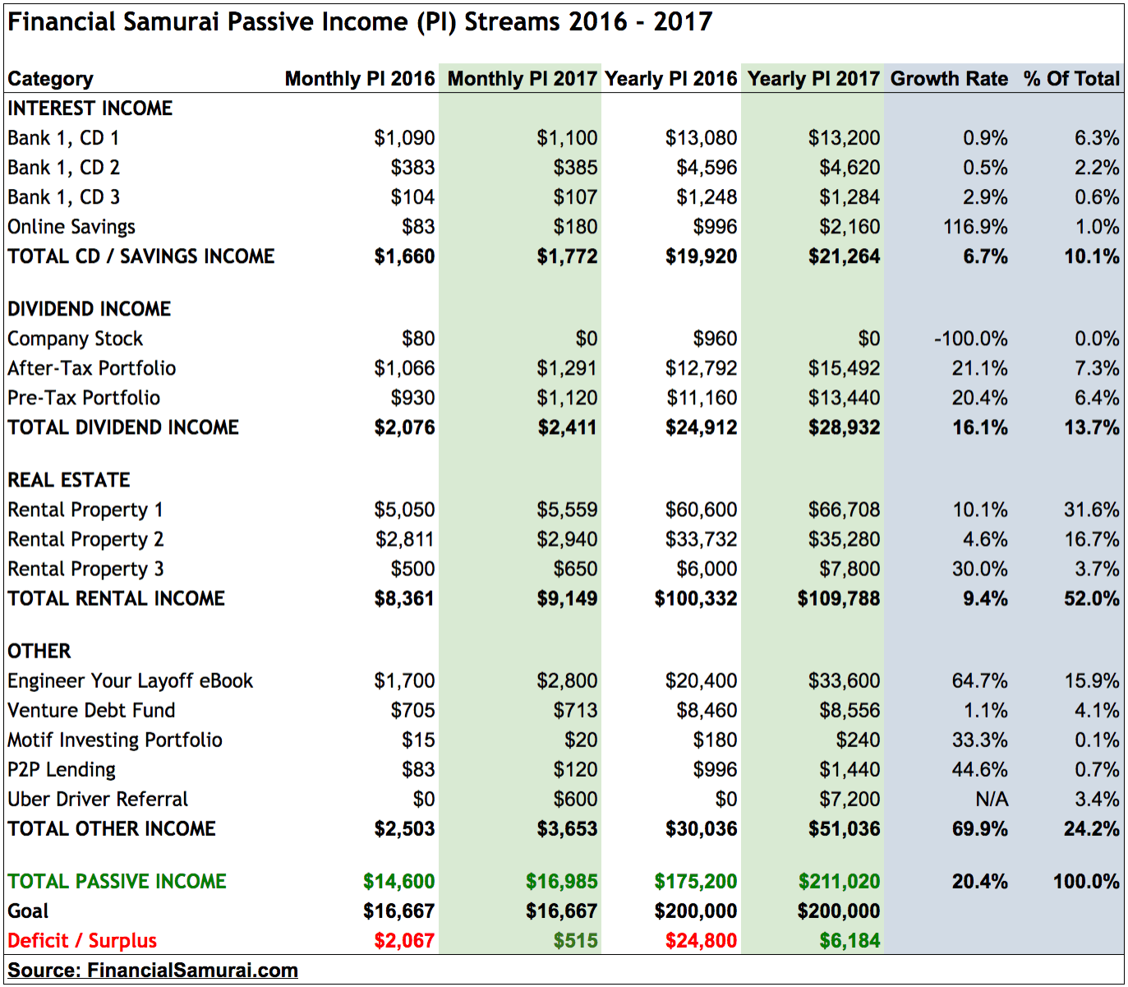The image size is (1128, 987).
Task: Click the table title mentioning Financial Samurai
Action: (x=359, y=21)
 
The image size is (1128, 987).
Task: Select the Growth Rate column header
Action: (x=949, y=79)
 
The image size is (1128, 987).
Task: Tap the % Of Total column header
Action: (x=1071, y=79)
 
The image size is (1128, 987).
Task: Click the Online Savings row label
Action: (x=71, y=227)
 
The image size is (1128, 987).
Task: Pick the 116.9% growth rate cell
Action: (x=975, y=227)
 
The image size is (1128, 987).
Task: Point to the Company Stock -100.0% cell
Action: (x=970, y=339)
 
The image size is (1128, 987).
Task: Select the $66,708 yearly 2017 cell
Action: (x=844, y=510)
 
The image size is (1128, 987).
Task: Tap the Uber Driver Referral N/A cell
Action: (x=991, y=799)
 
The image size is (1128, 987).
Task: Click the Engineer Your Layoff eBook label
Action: (x=130, y=680)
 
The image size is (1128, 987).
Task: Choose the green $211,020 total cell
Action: (x=839, y=881)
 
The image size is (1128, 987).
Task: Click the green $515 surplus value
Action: (x=575, y=940)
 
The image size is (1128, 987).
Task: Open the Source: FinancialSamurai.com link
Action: (x=153, y=970)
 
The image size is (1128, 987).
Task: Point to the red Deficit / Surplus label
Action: (x=82, y=940)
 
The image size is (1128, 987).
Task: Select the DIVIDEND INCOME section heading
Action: (x=89, y=309)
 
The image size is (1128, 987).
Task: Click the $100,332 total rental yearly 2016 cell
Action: (x=695, y=598)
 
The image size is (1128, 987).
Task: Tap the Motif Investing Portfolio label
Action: (x=115, y=740)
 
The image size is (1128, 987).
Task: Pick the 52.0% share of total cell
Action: (x=1091, y=598)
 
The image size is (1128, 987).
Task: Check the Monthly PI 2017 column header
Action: (x=522, y=79)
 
